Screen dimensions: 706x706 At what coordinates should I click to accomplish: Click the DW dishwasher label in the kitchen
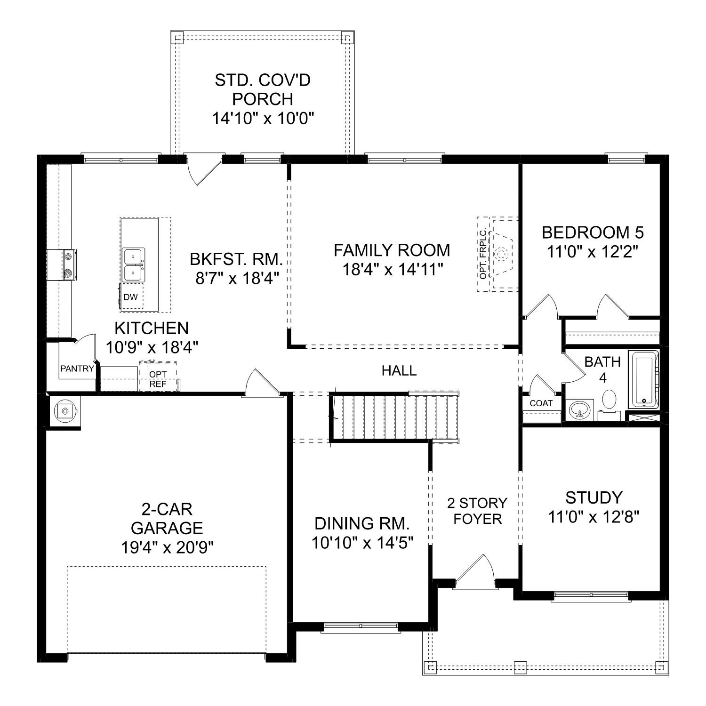[x=131, y=297]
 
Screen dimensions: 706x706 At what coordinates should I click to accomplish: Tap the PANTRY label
[x=77, y=369]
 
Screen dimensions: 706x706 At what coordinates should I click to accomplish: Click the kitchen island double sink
[x=134, y=265]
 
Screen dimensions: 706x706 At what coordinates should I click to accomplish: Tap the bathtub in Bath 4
[x=644, y=379]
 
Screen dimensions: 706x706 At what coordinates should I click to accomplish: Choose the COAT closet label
[x=541, y=403]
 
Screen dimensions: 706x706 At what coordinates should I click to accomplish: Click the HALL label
[x=399, y=371]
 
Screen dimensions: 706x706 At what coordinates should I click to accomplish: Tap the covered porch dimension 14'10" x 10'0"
[x=263, y=118]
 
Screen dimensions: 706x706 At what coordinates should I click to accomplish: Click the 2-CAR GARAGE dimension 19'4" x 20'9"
[x=167, y=547]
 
